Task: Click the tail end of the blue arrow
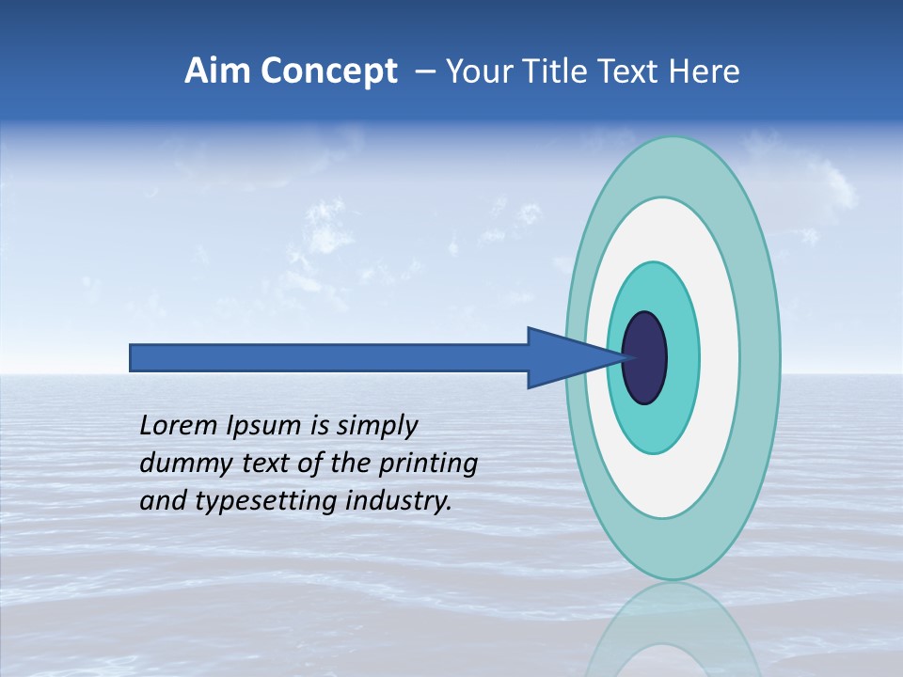(135, 358)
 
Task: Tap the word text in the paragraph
(268, 464)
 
